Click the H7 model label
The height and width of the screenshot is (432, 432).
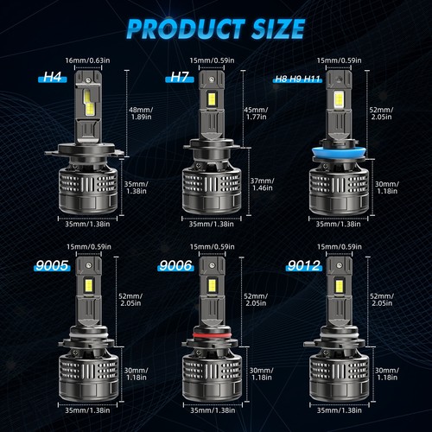click(x=180, y=78)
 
